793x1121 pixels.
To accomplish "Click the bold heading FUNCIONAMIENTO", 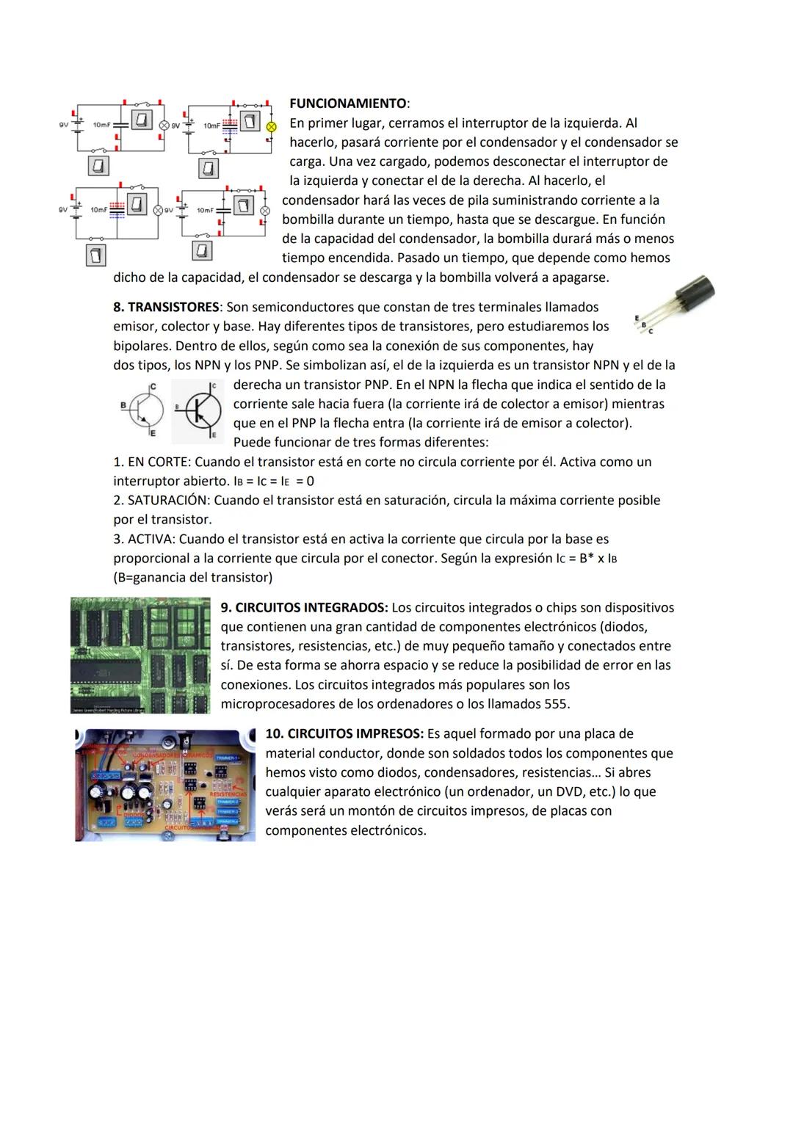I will click(348, 104).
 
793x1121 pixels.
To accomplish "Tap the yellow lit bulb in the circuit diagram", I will click(271, 126).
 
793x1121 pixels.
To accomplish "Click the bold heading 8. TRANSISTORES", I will click(166, 307).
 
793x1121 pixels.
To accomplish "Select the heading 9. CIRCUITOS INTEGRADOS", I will click(304, 608).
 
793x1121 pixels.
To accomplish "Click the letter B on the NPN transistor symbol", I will click(123, 405).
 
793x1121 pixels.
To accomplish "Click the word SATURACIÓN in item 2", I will click(168, 501).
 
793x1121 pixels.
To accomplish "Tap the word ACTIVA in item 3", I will click(150, 540).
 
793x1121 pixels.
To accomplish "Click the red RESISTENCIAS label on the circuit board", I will click(228, 794).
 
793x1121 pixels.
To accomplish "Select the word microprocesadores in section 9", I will click(278, 705).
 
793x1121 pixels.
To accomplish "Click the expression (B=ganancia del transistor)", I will click(192, 578).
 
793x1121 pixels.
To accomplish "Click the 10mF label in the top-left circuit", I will click(101, 125).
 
